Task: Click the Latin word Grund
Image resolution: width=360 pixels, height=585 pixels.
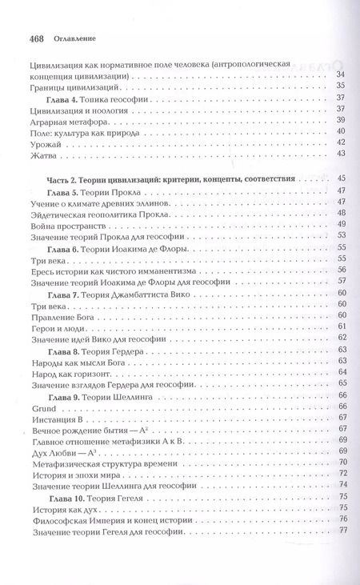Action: [x=41, y=407]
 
